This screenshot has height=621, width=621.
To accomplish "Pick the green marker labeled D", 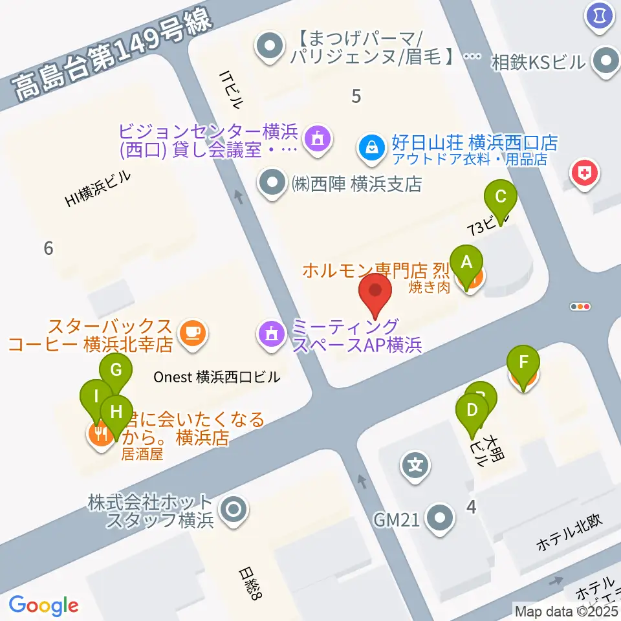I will [472, 411].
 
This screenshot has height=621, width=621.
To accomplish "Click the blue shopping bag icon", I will [372, 149].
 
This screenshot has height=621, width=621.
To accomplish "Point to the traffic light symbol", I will [580, 307].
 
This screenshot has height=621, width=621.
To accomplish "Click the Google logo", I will [44, 605].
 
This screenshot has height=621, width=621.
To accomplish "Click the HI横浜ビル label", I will [98, 190].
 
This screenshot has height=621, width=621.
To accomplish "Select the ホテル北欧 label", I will [569, 536].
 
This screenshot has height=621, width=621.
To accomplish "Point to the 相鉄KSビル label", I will [538, 63].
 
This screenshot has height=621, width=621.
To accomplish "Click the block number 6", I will [48, 247].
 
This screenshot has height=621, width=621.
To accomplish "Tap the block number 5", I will [355, 97].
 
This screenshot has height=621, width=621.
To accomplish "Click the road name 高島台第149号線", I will [113, 55].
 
